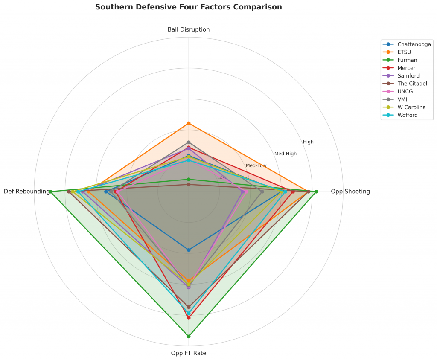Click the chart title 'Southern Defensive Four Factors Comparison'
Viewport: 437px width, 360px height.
tap(188, 7)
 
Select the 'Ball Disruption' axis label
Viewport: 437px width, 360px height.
tap(189, 29)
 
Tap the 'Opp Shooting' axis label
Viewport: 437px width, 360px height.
tap(350, 192)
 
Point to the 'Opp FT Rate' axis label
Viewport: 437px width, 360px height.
tap(189, 353)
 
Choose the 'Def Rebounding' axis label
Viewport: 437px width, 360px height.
tap(26, 192)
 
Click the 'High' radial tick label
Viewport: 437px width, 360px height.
tap(308, 142)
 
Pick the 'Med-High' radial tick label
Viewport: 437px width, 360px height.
tap(286, 154)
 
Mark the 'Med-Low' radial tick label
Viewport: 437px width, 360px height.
tap(256, 165)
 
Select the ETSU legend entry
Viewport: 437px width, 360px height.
tap(404, 52)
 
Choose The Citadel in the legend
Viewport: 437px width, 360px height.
tap(412, 84)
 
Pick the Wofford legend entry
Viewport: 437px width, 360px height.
tap(408, 115)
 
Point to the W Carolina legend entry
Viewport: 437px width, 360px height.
tap(411, 107)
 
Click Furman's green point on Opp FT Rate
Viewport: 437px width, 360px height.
tap(189, 337)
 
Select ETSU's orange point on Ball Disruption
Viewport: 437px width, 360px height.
tap(189, 123)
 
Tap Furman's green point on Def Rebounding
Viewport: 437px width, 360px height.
tap(50, 192)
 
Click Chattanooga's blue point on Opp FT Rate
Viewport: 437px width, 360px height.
tap(189, 250)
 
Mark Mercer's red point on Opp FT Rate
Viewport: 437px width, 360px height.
tap(189, 318)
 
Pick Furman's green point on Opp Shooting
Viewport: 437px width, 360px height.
tap(316, 192)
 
